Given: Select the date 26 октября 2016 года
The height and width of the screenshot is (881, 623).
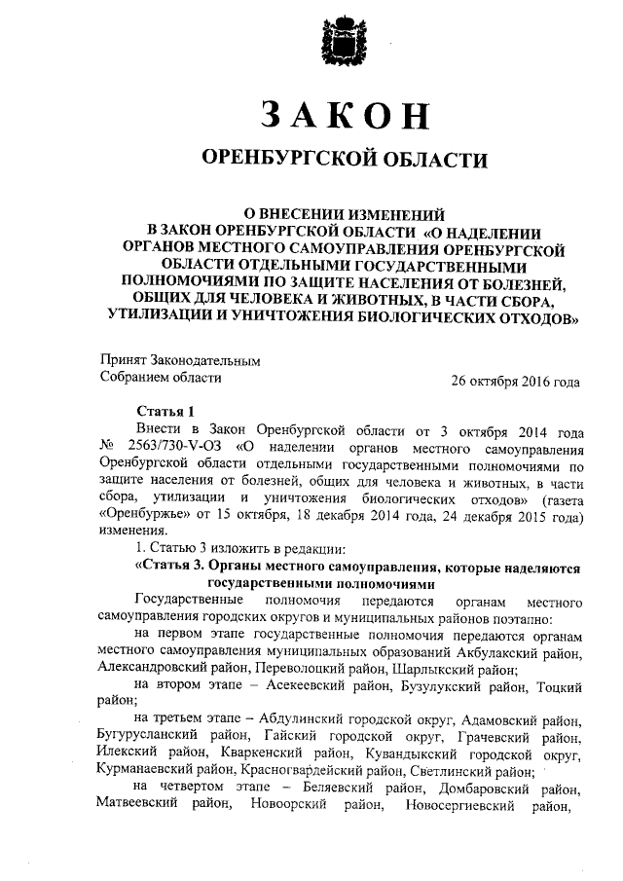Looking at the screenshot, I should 515,381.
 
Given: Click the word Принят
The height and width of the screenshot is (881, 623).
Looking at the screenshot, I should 125,360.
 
